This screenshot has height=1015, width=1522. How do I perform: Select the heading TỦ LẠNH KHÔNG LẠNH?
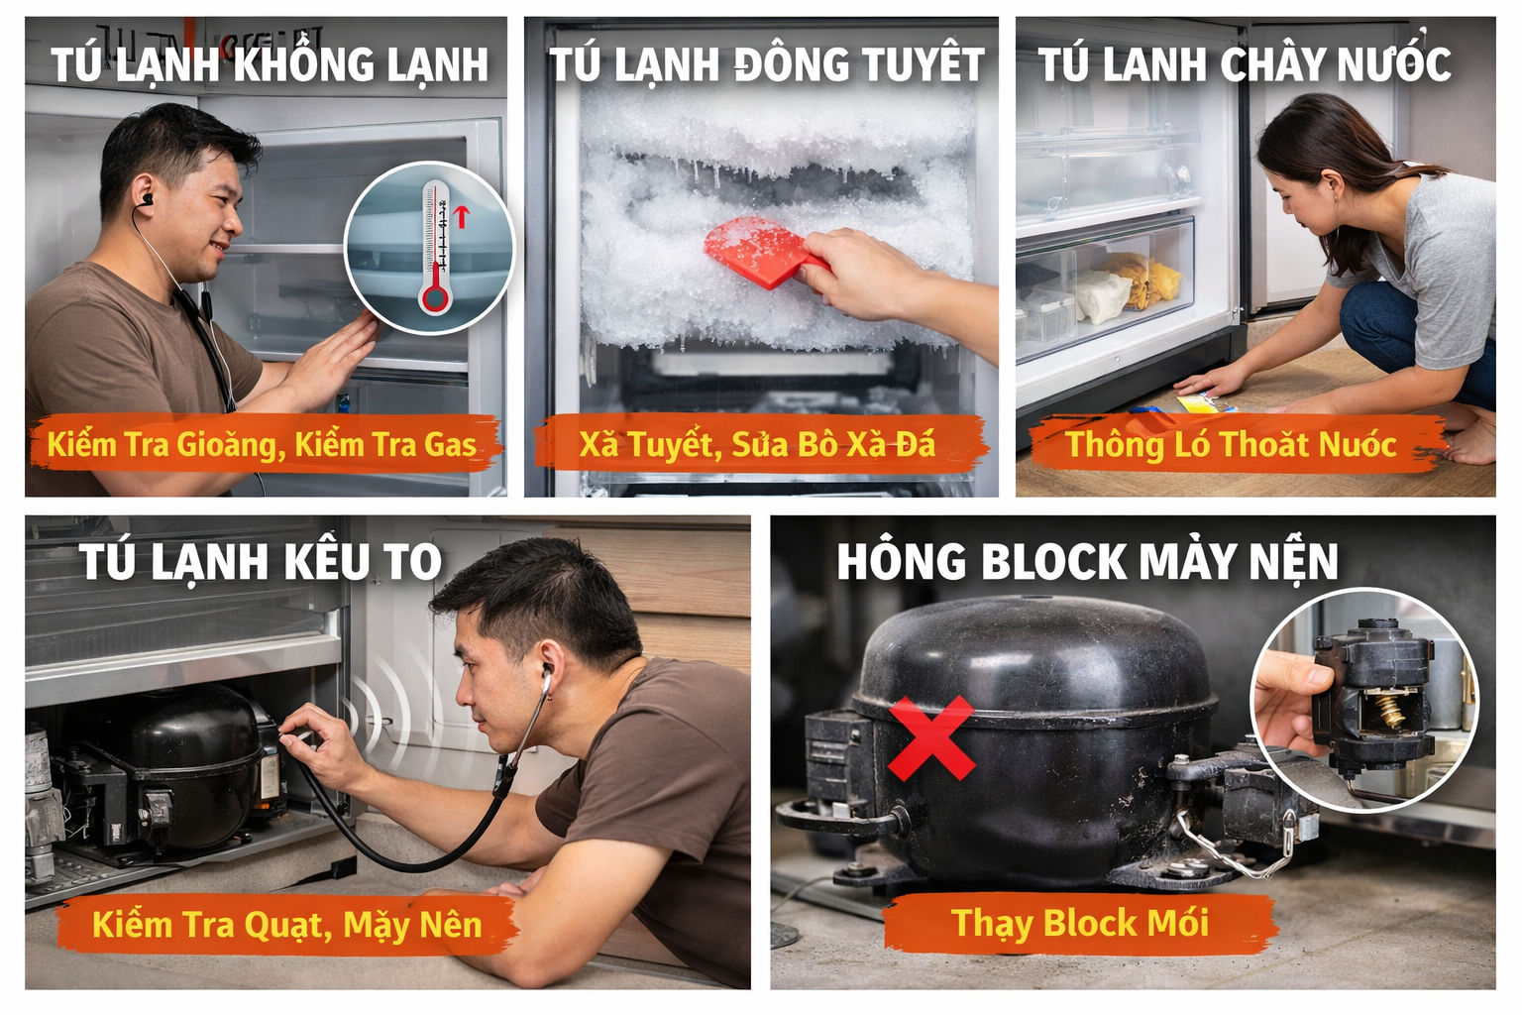[x=270, y=65]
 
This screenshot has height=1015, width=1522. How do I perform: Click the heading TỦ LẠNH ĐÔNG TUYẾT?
[x=766, y=65]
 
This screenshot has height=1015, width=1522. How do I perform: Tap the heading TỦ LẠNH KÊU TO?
[x=261, y=562]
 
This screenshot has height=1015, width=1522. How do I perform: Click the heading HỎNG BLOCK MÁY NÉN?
[x=1087, y=561]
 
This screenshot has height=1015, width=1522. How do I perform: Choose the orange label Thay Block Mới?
[x=1080, y=923]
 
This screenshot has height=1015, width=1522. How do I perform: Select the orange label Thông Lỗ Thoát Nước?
[x=1231, y=444]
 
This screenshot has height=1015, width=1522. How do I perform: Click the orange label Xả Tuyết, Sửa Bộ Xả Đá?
[x=757, y=444]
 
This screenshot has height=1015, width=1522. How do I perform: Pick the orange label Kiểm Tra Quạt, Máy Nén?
[x=286, y=925]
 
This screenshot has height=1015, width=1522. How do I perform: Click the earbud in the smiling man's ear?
[x=148, y=200]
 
